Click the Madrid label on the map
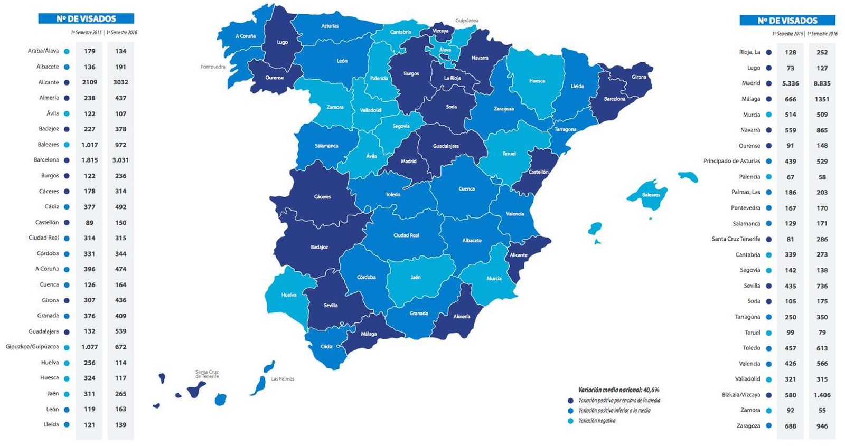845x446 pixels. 408,161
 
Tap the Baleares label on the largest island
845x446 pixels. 651,195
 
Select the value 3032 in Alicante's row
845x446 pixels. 120,82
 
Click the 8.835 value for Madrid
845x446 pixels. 822,83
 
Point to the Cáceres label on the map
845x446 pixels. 322,196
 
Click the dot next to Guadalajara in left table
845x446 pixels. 67,331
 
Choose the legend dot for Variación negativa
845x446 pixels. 570,421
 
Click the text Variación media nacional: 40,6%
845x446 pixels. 618,390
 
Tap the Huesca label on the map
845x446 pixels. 537,81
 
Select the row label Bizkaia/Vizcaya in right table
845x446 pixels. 741,395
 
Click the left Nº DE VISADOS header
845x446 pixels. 86,19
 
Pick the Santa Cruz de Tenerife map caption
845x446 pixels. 207,374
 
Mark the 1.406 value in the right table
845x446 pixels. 822,395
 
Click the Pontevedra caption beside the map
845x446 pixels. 212,67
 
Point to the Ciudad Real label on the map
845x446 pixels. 406,235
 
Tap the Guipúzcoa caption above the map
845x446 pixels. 467,21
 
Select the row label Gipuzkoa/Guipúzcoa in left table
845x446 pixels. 32,347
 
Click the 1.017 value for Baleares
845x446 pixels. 89,145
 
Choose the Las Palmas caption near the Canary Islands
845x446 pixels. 283,379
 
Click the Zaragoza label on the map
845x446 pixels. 504,109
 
